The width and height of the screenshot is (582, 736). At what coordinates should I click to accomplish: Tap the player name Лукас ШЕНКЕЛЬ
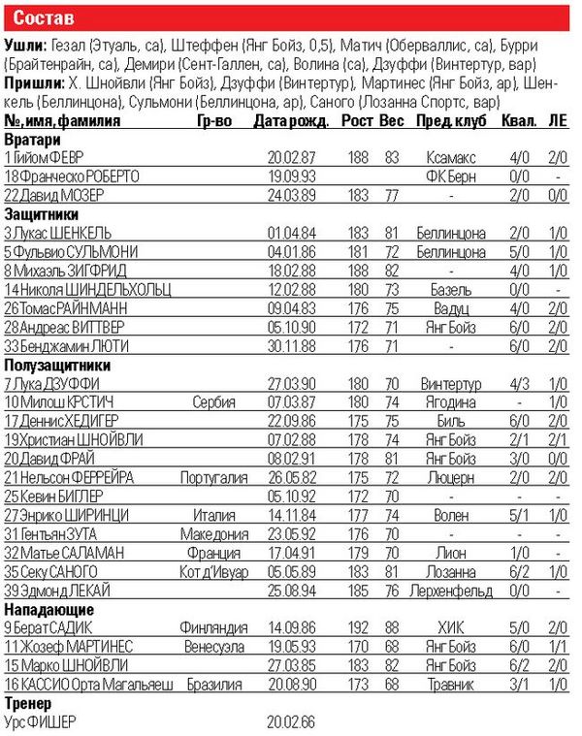[x=58, y=233]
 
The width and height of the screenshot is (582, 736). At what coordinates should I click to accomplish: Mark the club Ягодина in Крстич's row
[x=447, y=401]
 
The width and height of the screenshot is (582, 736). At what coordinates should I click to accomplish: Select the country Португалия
[x=209, y=477]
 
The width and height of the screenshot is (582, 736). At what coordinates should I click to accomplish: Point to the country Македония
[x=209, y=533]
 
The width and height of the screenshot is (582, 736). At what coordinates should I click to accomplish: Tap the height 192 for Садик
[x=357, y=628]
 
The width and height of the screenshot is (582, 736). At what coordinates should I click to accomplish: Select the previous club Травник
[x=447, y=685]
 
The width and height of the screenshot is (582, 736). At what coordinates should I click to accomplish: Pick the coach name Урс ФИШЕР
[x=44, y=722]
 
